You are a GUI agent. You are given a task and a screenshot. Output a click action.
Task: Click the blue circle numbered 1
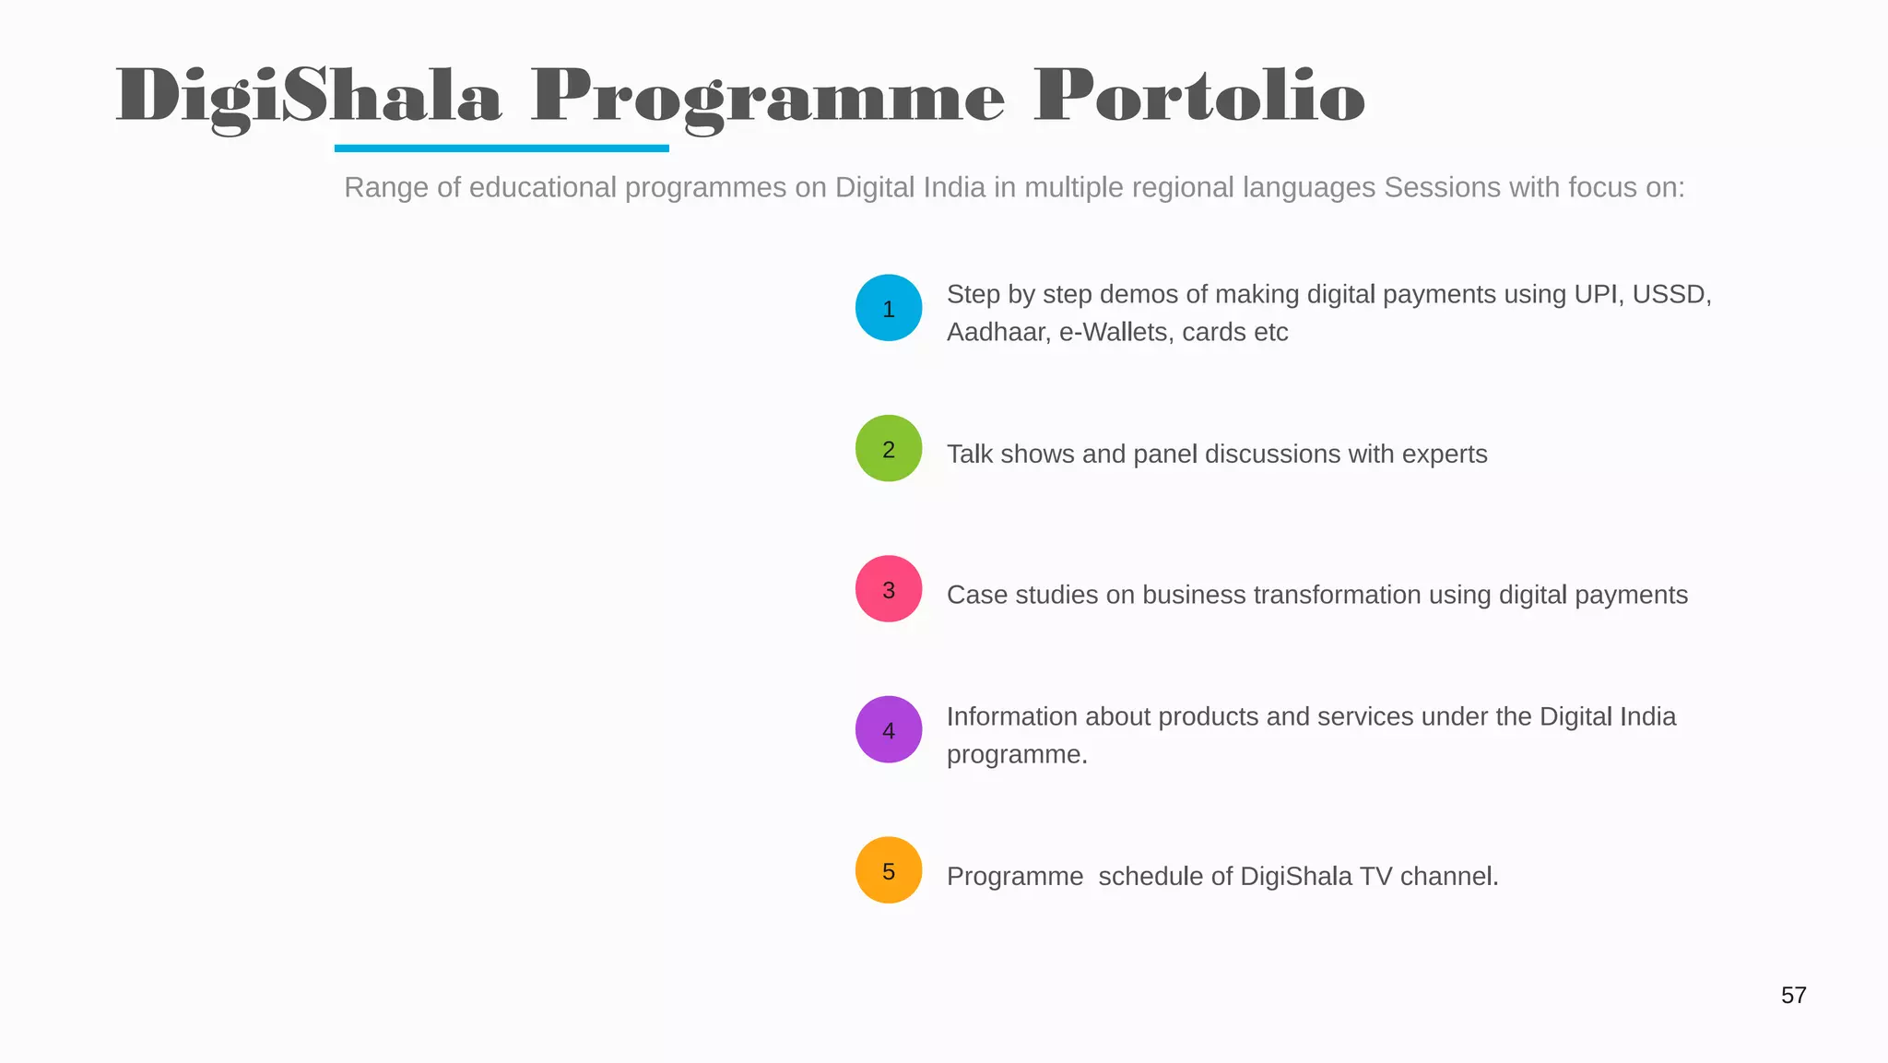point(889,308)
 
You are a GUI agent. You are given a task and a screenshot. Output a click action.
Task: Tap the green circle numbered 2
point(889,449)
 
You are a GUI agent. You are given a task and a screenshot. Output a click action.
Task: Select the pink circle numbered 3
point(889,589)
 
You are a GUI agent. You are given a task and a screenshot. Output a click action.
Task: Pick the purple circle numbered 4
point(889,729)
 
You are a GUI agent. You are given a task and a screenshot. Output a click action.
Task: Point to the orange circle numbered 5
point(889,870)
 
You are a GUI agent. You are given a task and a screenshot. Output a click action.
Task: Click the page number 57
point(1793,996)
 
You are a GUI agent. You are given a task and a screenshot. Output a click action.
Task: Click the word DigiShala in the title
point(309,96)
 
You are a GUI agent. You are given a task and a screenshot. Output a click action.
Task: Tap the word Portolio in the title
point(1198,96)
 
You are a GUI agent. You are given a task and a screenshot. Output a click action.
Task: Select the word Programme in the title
point(767,98)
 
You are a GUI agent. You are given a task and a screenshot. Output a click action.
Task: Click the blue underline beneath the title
point(501,148)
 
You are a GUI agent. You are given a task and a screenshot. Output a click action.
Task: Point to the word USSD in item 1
point(1670,295)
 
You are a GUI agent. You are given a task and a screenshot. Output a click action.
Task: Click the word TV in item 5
point(1375,876)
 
